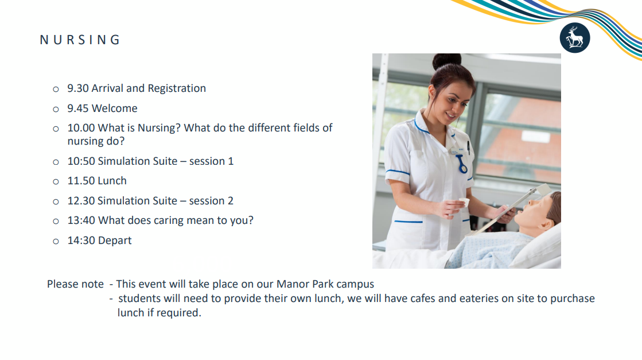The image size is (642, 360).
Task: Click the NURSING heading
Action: pyautogui.click(x=80, y=40)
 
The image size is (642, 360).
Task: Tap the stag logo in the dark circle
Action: pyautogui.click(x=575, y=38)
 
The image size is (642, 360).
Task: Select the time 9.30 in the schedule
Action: pyautogui.click(x=78, y=88)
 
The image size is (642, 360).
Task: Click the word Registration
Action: pyautogui.click(x=177, y=89)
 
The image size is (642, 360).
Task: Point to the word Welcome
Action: pyautogui.click(x=115, y=109)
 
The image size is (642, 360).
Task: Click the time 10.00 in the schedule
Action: pyautogui.click(x=81, y=128)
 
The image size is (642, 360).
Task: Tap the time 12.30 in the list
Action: pyautogui.click(x=81, y=201)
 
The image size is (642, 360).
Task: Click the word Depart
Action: pyautogui.click(x=115, y=241)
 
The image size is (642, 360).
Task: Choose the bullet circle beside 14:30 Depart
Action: pyautogui.click(x=56, y=242)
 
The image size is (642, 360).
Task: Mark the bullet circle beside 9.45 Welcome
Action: pyautogui.click(x=56, y=109)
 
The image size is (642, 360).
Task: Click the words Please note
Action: pyautogui.click(x=75, y=284)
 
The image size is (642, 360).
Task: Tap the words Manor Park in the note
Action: pyautogui.click(x=305, y=284)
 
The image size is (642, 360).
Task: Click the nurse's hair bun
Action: pyautogui.click(x=447, y=61)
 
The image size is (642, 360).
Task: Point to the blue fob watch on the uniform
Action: pyautogui.click(x=462, y=164)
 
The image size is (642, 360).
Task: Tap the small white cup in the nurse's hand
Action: pyautogui.click(x=464, y=203)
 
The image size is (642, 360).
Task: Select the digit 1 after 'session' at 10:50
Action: pyautogui.click(x=231, y=161)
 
